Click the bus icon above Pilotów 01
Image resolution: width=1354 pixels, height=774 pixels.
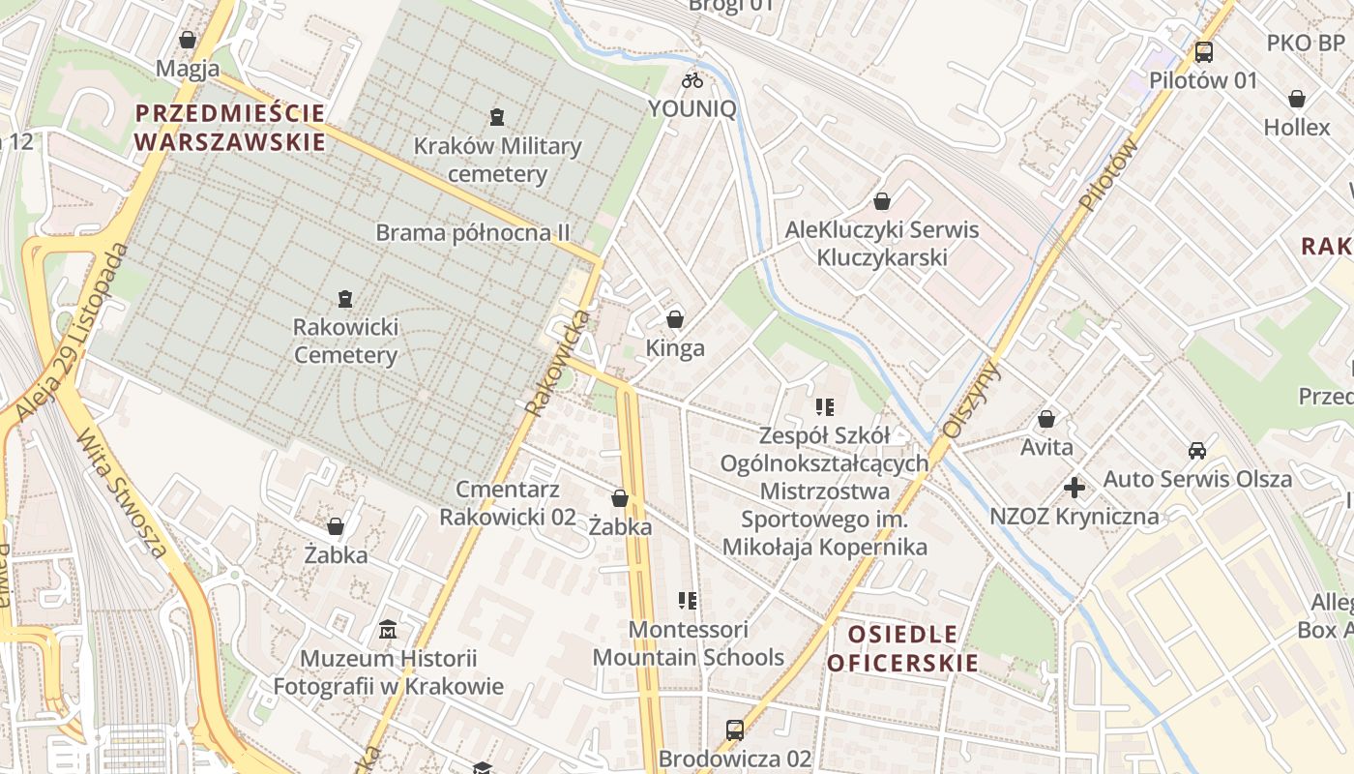1203,52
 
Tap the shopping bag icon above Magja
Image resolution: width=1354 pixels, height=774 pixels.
188,40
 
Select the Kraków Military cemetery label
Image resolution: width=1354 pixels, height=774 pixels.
497,161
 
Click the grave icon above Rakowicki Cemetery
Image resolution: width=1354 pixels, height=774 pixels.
345,299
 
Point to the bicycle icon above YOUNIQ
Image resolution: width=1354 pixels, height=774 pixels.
692,80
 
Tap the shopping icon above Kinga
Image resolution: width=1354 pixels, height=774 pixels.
675,318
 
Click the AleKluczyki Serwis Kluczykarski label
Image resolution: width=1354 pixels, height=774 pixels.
881,244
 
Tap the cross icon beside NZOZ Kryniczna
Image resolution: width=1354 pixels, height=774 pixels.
1074,488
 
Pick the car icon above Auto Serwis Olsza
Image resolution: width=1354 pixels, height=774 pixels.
1197,450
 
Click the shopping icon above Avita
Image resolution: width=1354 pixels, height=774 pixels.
1045,419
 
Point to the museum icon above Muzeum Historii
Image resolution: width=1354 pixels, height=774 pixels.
388,630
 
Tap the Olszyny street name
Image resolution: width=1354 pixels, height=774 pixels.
973,402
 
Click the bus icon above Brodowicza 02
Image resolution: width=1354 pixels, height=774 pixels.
735,729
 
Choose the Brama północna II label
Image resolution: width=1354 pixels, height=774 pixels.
472,233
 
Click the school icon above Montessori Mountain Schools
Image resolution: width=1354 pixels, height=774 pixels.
688,601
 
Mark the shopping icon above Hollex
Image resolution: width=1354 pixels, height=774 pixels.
1296,99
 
